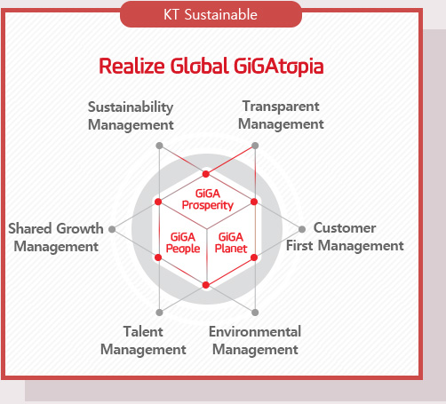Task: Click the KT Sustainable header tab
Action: pos(211,14)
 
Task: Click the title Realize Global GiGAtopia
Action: pos(211,66)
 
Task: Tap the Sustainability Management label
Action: pos(130,115)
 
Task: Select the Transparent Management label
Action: pos(281,115)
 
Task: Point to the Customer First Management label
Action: pos(345,237)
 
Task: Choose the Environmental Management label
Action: pos(255,340)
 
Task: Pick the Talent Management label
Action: pos(143,340)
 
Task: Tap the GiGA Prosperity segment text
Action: pos(207,199)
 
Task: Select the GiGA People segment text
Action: pos(183,242)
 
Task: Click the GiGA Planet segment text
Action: pos(231,242)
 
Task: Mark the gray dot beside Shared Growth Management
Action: pos(111,229)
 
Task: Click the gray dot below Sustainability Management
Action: pos(159,145)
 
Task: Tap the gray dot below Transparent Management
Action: pos(255,145)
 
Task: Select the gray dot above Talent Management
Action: pos(159,312)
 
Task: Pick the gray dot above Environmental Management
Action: pos(255,312)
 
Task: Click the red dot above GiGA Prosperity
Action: pos(206,174)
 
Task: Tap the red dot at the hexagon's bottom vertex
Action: pos(206,284)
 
